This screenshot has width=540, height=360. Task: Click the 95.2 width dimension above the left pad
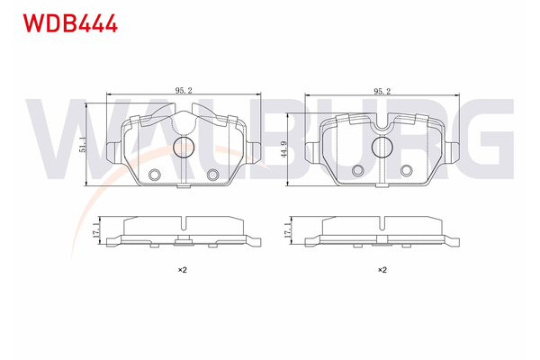184,90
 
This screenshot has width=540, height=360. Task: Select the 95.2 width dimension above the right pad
382,90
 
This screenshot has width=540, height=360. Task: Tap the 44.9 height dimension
284,149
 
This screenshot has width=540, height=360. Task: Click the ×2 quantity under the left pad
181,269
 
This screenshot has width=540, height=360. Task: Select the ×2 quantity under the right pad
382,269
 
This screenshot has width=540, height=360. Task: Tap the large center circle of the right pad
384,148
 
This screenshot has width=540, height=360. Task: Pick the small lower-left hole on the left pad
154,175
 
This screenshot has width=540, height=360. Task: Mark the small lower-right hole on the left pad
213,175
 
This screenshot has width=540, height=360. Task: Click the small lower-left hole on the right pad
359,170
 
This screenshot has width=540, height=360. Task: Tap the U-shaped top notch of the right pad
384,129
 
